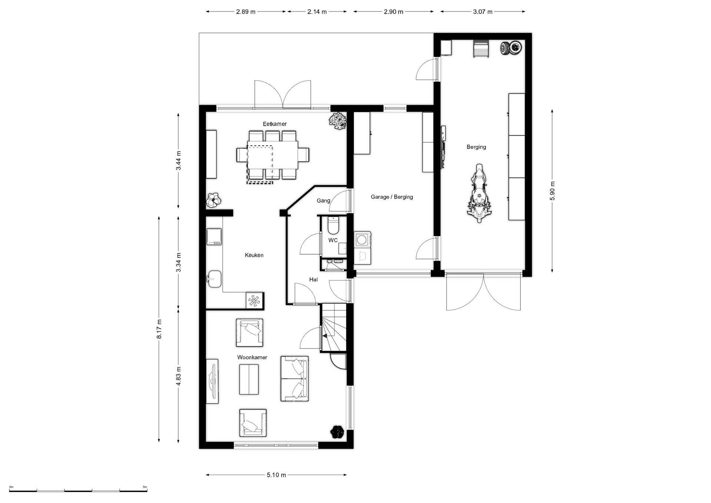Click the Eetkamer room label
coord(275,124)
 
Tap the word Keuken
coord(254,255)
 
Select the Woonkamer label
coord(252,357)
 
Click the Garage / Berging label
coord(392,197)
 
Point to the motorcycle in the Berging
coord(480,193)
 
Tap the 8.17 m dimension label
coord(159,329)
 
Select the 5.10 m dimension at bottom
coord(276,475)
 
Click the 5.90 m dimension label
coord(552,191)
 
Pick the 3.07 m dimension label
coord(483,12)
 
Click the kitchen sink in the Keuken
coord(214,279)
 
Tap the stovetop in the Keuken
coord(214,237)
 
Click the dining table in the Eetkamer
coord(273,155)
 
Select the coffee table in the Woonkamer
coord(249,379)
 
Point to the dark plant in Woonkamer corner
coord(337,432)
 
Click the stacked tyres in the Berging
coord(511,48)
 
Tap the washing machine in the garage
coord(362,240)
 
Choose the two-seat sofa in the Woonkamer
coord(294,379)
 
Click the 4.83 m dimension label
coord(178,376)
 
